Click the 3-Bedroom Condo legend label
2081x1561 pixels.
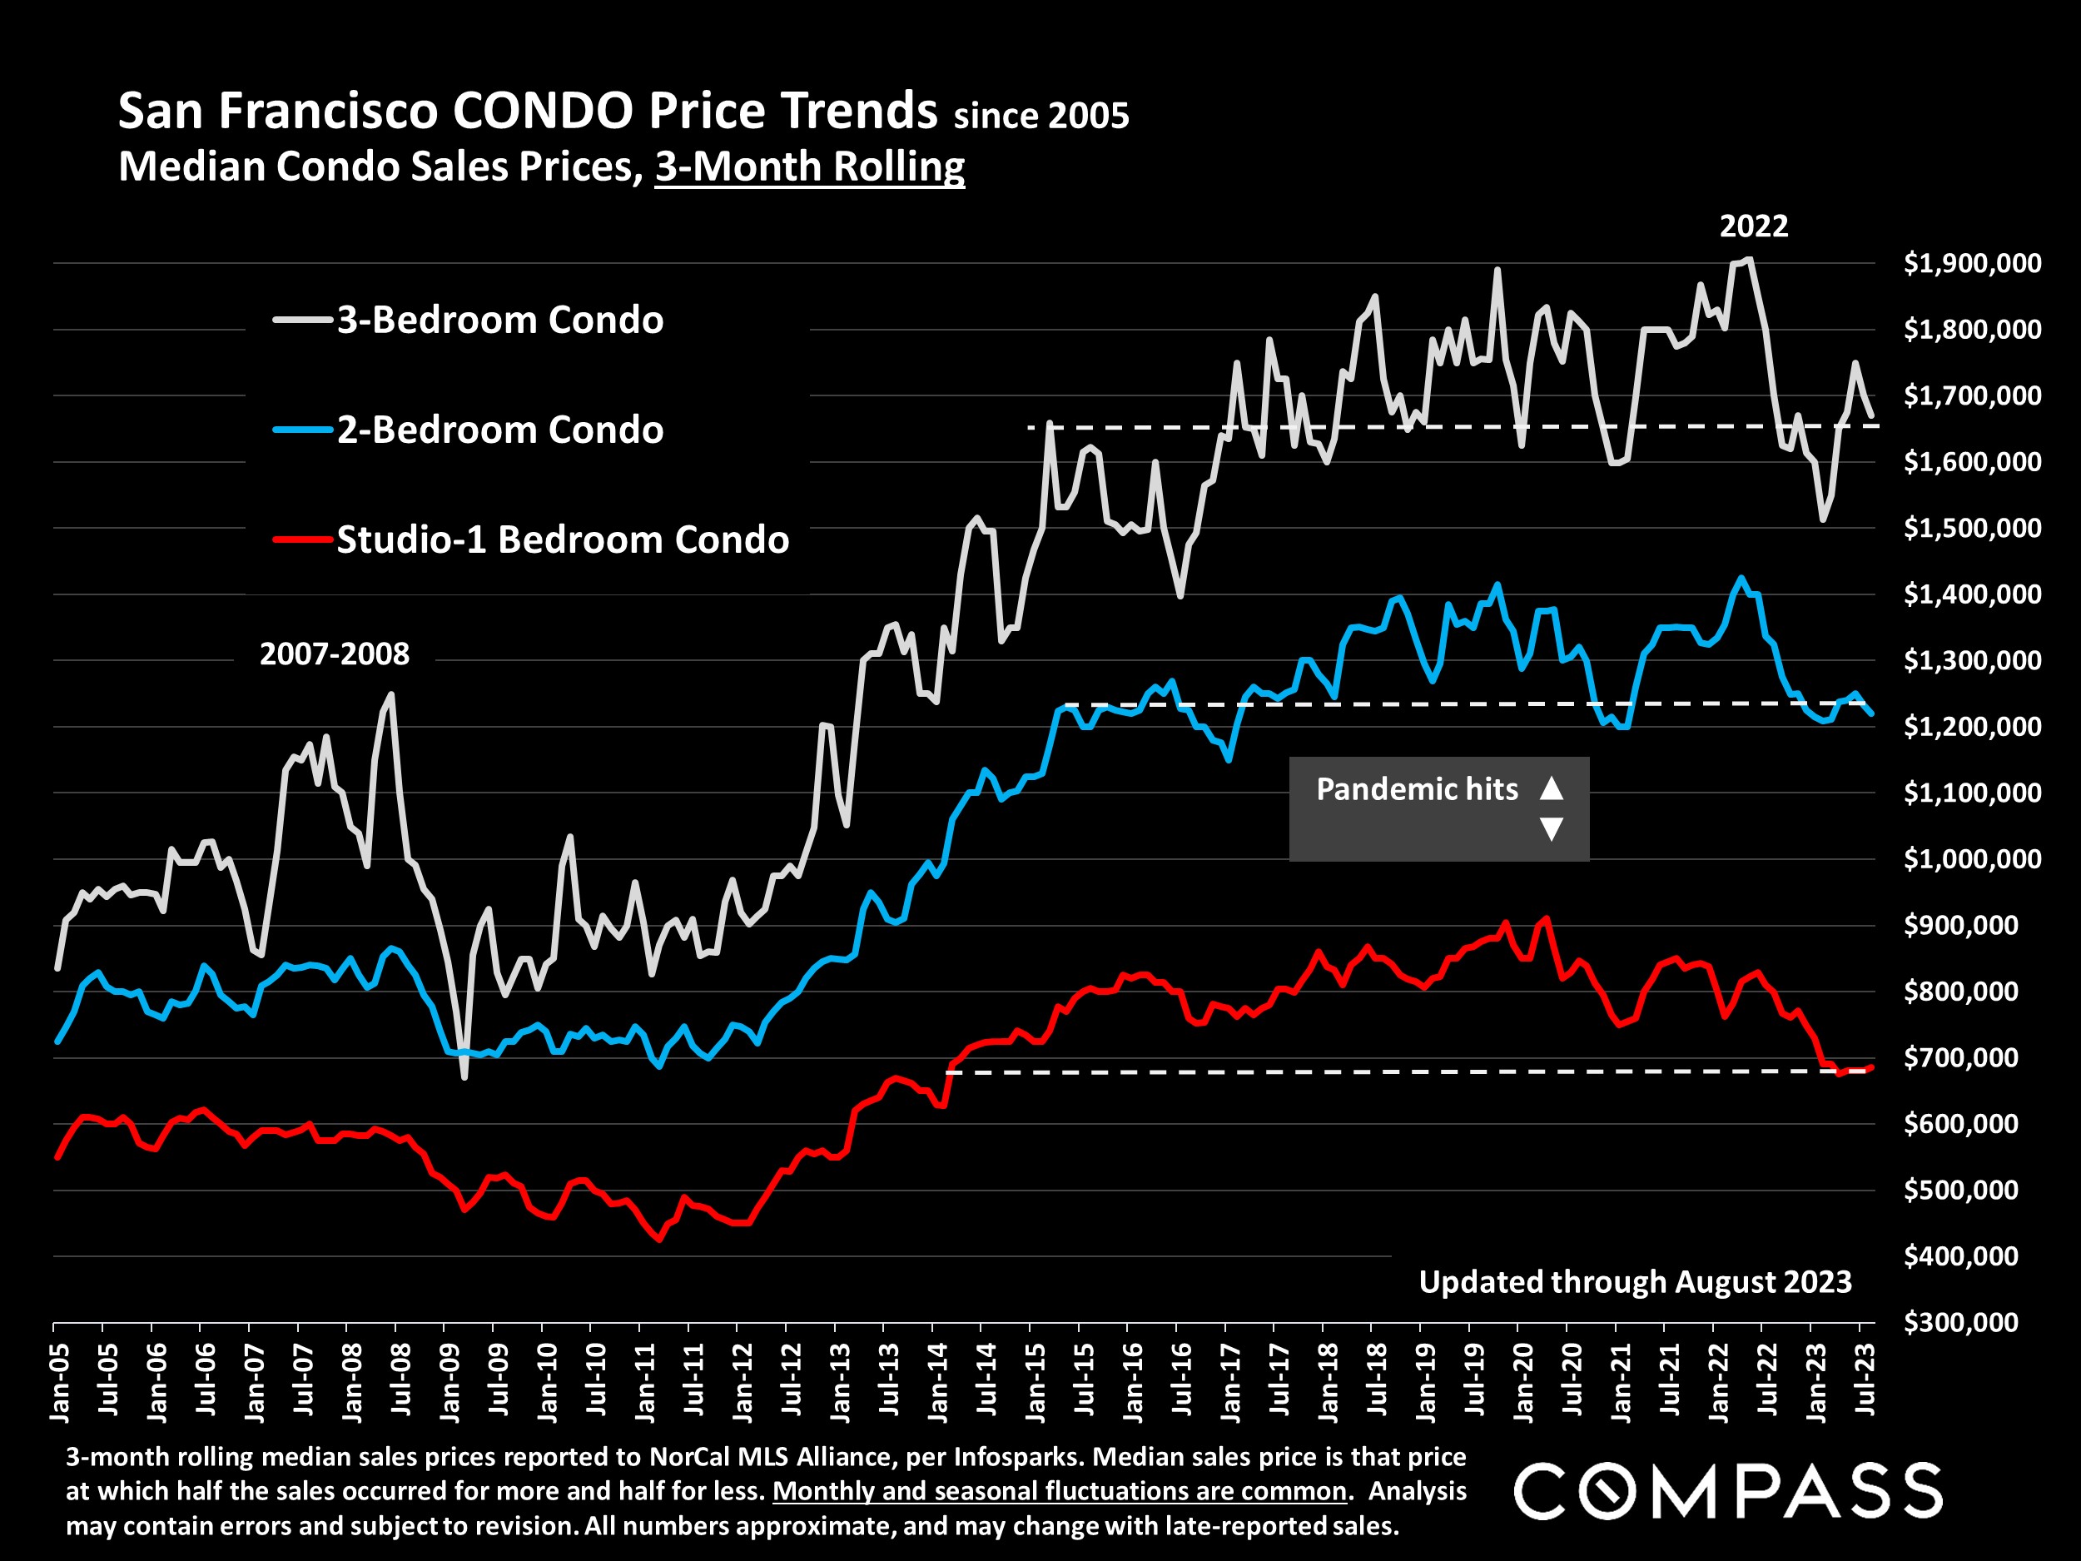[x=499, y=321]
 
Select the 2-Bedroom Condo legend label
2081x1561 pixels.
[x=499, y=430]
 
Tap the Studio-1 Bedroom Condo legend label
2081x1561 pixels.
[x=563, y=540]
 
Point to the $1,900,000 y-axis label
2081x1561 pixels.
[x=1972, y=263]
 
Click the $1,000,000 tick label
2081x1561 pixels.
[x=1972, y=859]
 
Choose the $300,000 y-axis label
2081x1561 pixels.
[x=1960, y=1323]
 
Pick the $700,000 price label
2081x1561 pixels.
[x=1960, y=1057]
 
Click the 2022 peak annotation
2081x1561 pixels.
[x=1754, y=226]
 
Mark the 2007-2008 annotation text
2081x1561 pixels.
[x=334, y=654]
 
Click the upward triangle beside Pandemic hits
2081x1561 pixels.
[x=1552, y=788]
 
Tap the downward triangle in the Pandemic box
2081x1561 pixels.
[x=1552, y=829]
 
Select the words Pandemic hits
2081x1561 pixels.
[x=1417, y=789]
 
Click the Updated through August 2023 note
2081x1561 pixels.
[x=1635, y=1281]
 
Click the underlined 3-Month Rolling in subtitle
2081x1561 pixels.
[x=810, y=167]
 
